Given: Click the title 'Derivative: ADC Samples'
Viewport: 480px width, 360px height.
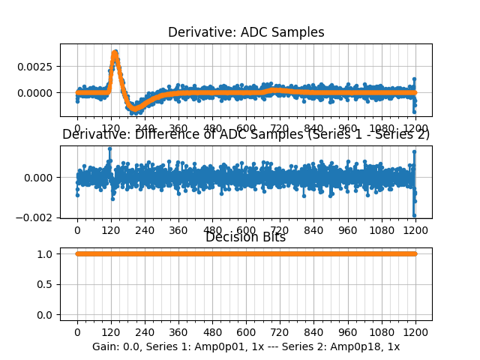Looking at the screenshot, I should tap(246, 32).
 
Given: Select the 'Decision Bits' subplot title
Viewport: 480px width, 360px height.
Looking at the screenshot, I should tap(246, 237).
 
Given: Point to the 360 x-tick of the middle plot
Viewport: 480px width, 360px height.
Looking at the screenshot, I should tap(178, 231).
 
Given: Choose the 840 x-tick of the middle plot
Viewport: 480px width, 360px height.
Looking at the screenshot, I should tap(314, 231).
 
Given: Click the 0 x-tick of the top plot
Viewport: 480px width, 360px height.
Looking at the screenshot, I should tap(77, 128).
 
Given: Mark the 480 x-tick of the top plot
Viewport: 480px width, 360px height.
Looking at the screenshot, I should tap(212, 128).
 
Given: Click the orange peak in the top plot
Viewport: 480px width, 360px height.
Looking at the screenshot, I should tap(115, 52).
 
